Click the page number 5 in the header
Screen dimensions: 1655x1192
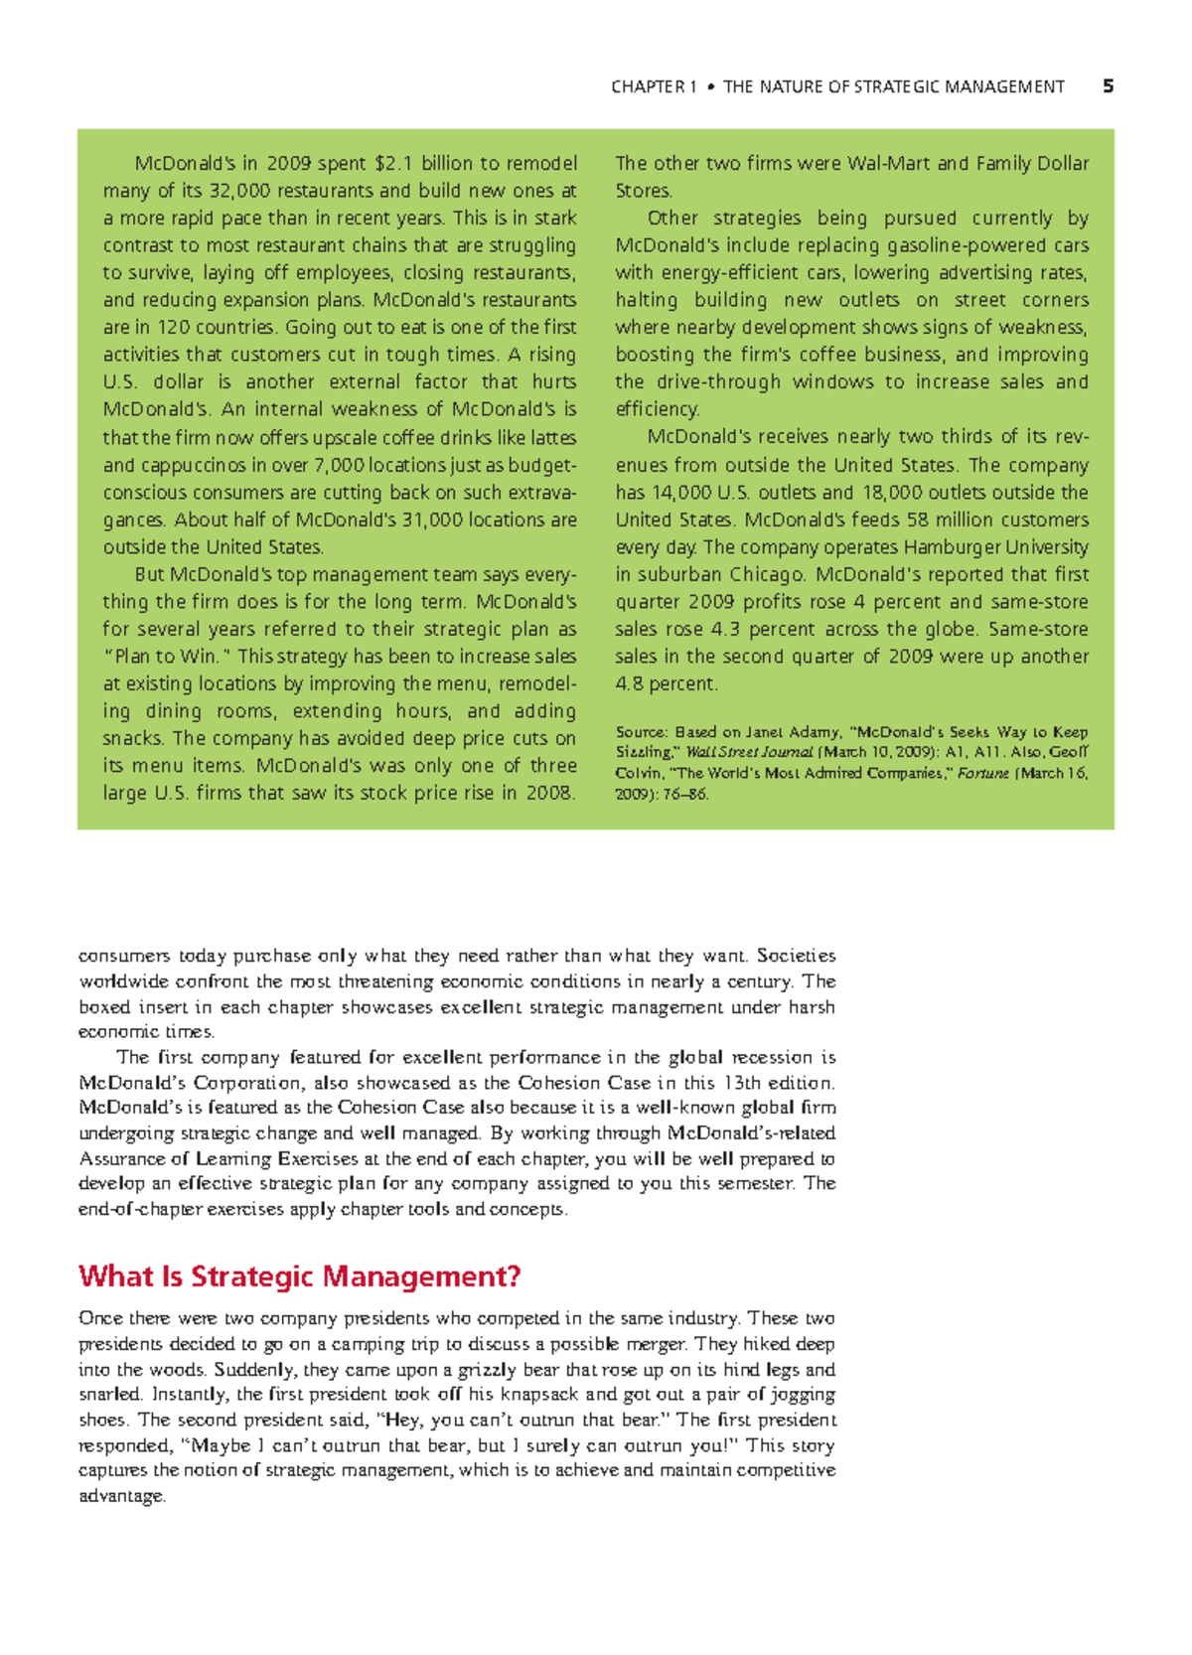1108,87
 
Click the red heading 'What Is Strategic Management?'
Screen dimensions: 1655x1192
299,1277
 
